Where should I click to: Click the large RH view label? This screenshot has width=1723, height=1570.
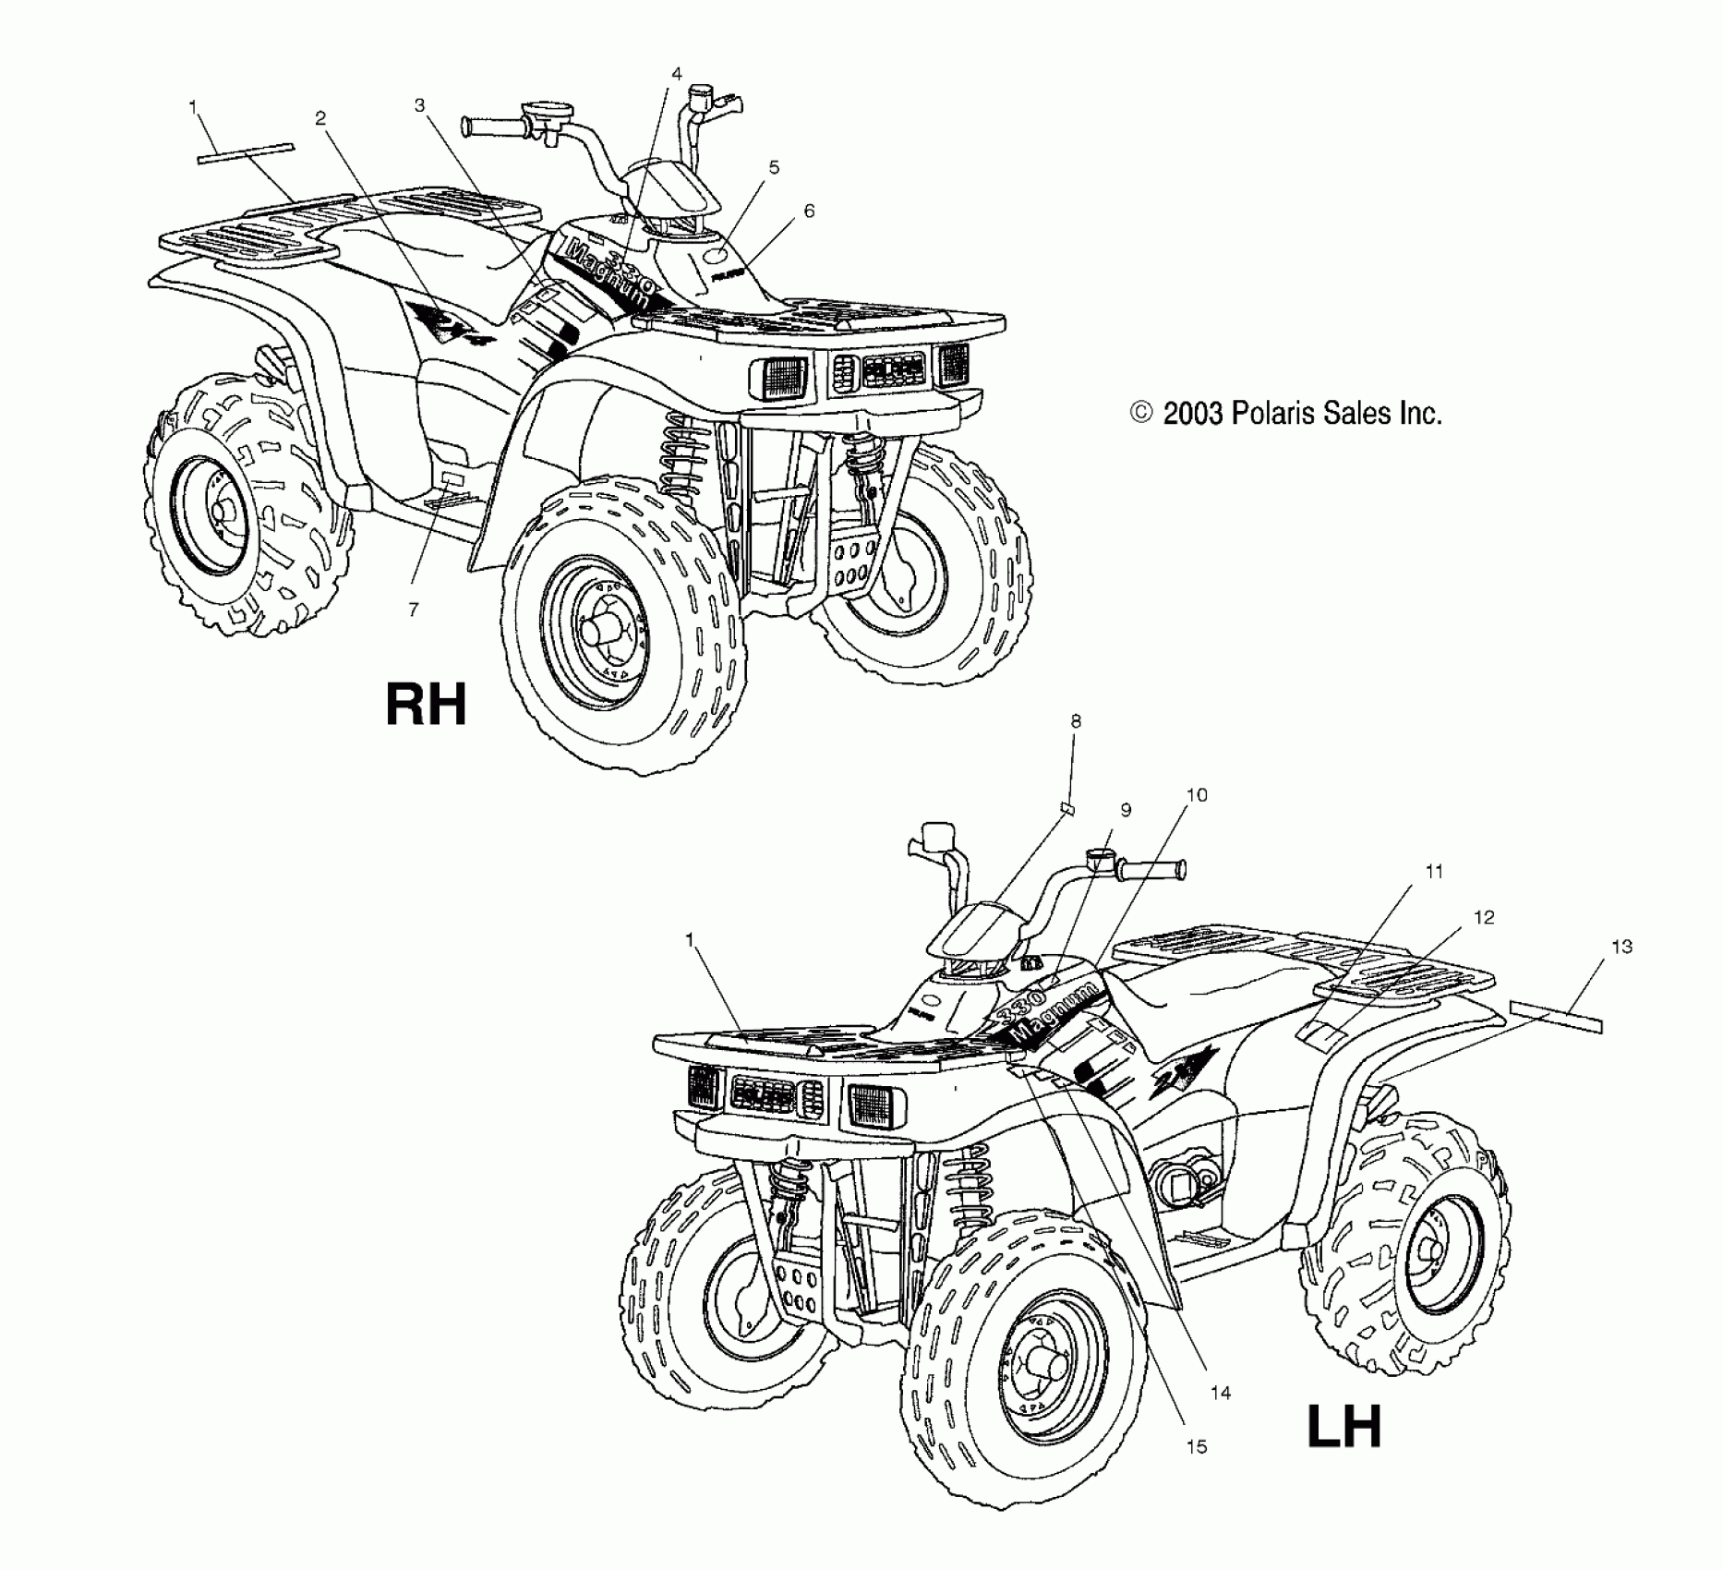tap(426, 705)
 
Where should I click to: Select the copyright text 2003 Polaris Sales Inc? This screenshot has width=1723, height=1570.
tap(1286, 413)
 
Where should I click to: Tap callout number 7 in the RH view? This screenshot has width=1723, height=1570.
tap(413, 610)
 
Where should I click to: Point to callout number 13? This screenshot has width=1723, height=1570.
tap(1621, 947)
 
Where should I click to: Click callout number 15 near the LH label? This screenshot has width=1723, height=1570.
tap(1196, 1446)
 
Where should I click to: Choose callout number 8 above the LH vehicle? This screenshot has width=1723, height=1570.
tap(1076, 721)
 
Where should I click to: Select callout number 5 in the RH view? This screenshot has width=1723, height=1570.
tap(774, 167)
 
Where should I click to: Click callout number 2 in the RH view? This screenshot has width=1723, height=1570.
tap(320, 118)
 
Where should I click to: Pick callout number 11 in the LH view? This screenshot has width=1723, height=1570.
tap(1434, 871)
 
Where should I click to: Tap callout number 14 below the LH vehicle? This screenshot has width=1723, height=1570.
tap(1221, 1393)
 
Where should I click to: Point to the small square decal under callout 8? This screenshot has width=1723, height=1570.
tap(1066, 810)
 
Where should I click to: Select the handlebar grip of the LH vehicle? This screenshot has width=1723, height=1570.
tap(1151, 869)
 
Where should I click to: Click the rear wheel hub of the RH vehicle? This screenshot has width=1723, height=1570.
tap(223, 511)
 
